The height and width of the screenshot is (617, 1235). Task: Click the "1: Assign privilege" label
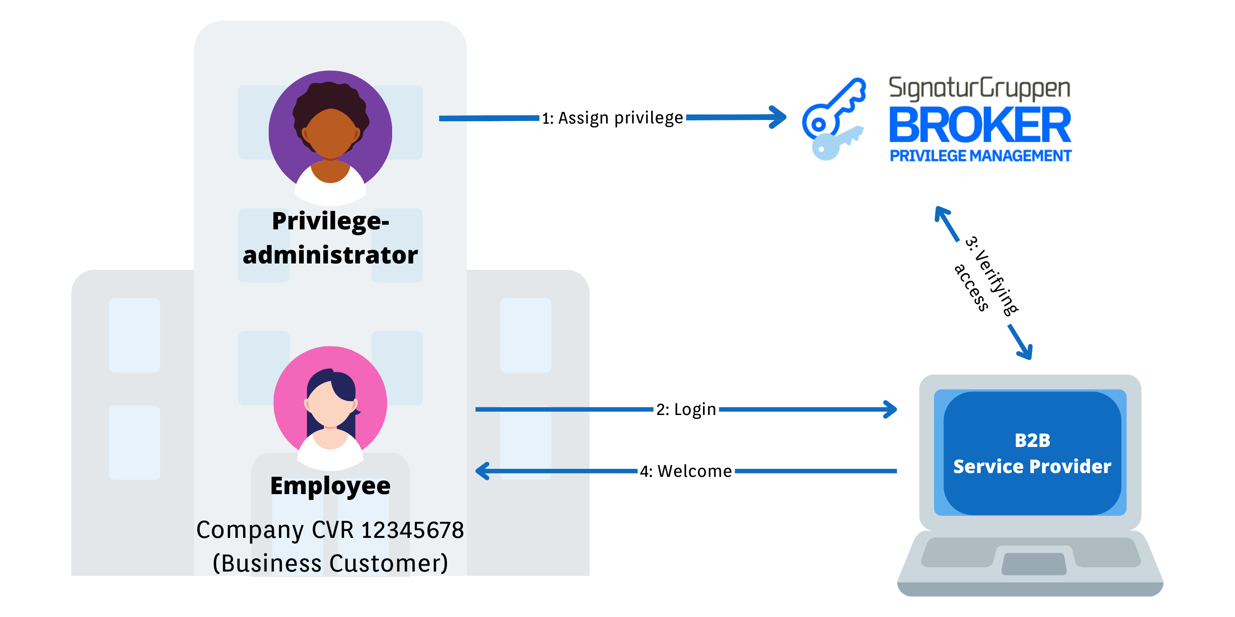(x=612, y=118)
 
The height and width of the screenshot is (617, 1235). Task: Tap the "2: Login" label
(x=686, y=410)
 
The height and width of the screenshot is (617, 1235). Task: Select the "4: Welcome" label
(x=686, y=471)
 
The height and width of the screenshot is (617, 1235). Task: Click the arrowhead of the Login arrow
(x=891, y=410)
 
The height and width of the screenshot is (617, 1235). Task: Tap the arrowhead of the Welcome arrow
(x=481, y=471)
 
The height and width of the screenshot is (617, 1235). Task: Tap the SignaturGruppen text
(x=979, y=89)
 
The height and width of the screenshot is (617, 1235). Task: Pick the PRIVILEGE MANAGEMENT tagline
(x=981, y=156)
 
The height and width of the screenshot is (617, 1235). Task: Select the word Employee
(x=330, y=486)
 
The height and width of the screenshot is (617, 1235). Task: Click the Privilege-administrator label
(x=330, y=238)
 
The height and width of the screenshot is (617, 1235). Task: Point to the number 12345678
(x=412, y=530)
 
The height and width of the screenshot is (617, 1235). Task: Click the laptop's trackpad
(x=1034, y=564)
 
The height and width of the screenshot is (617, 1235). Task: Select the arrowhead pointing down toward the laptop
(x=1026, y=352)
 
